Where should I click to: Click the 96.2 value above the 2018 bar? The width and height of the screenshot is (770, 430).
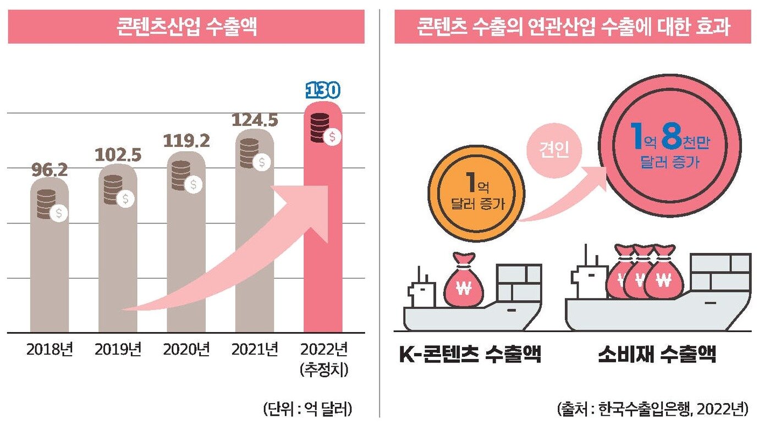[x=48, y=170]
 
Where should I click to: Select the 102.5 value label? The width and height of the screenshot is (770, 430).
[x=118, y=155]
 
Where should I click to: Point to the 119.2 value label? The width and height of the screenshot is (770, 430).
[x=186, y=141]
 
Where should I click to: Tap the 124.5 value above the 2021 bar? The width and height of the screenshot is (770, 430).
[x=255, y=120]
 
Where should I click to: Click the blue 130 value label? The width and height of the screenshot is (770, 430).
[x=323, y=91]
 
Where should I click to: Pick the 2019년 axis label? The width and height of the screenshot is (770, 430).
[x=118, y=349]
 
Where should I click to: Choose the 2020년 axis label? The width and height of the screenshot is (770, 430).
[x=186, y=349]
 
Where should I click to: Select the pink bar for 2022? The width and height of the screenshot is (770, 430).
[x=323, y=247]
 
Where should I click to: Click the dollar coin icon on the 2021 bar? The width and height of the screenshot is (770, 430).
[x=262, y=162]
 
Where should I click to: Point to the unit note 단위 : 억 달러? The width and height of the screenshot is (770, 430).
[x=308, y=409]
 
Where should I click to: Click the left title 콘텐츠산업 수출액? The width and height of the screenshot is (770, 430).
[x=186, y=27]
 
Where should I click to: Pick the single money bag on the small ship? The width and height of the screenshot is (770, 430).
[x=464, y=283]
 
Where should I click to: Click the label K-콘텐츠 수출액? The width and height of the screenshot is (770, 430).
[x=470, y=355]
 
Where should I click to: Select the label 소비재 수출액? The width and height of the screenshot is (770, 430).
[x=657, y=355]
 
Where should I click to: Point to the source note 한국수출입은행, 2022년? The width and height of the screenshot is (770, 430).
[x=652, y=409]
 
